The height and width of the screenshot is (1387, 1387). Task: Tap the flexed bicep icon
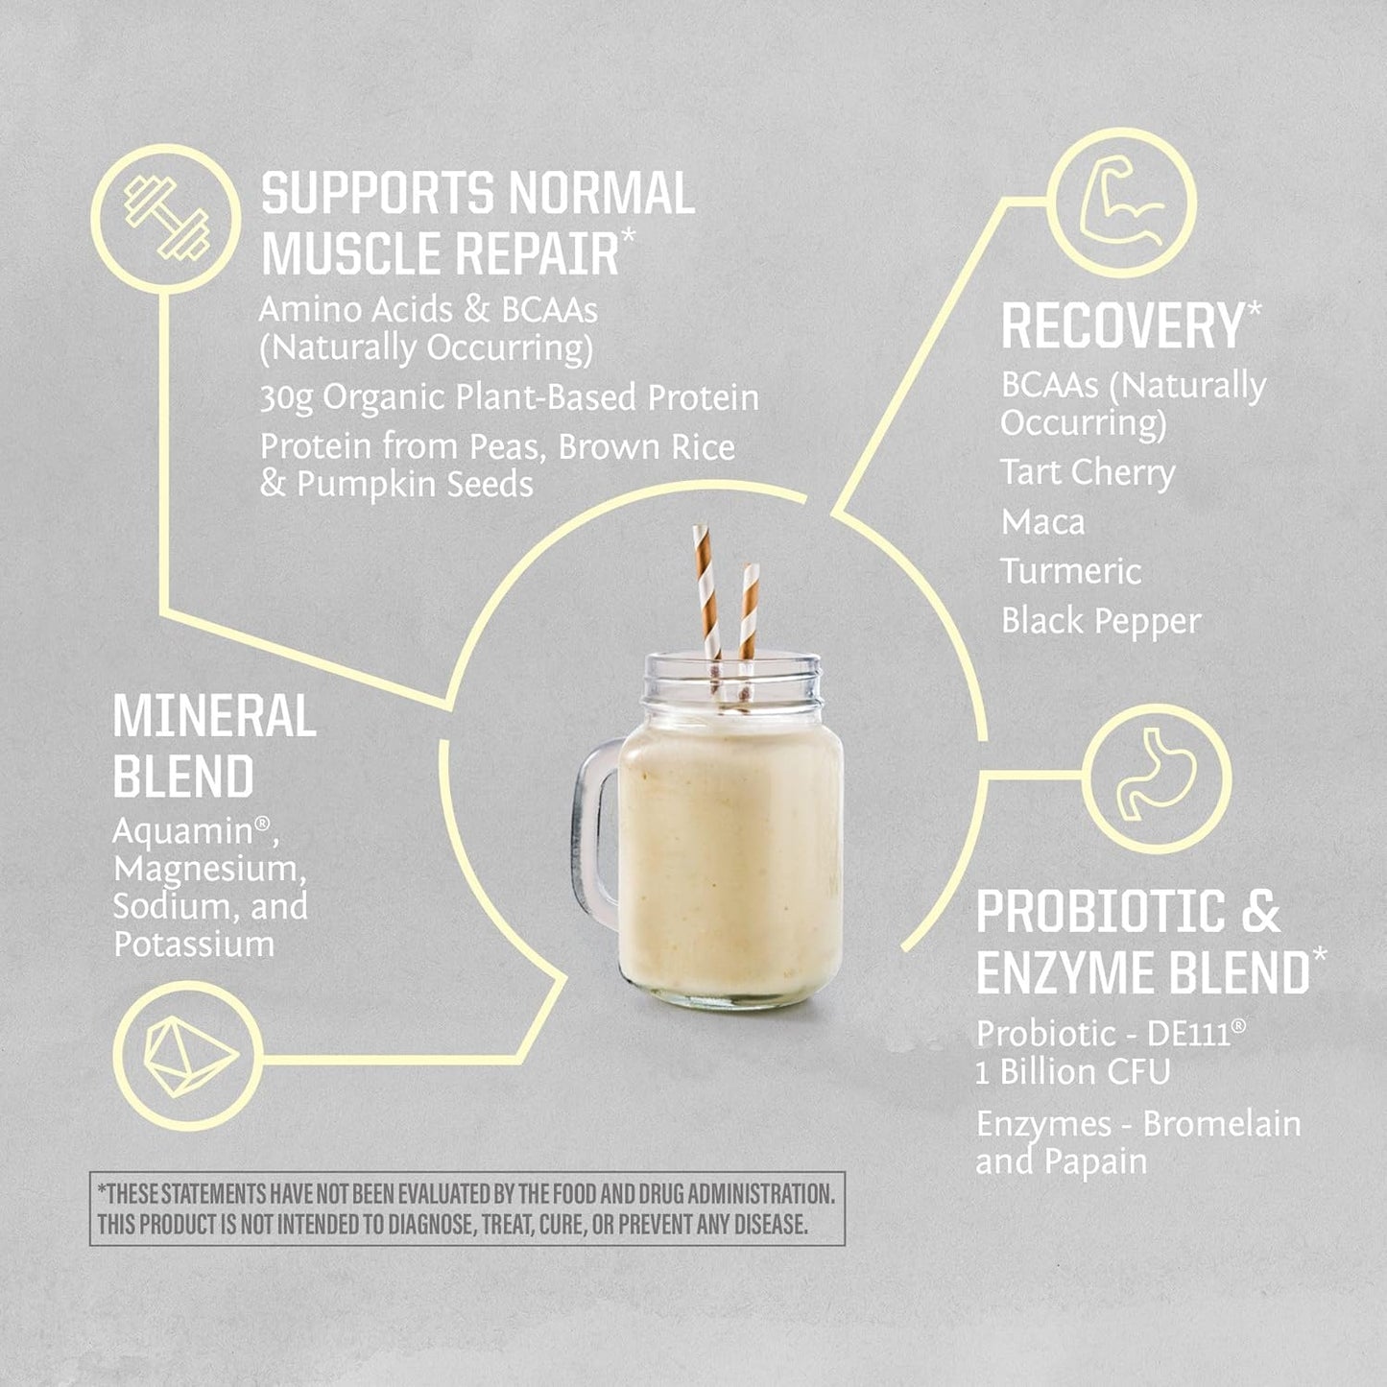point(1122,203)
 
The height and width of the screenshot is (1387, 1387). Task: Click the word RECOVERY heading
point(1123,326)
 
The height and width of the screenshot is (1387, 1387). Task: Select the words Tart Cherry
point(1088,472)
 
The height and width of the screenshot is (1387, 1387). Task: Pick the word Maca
point(1042,522)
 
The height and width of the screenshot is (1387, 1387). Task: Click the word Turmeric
point(1071,571)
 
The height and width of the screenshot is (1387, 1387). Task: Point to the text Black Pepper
point(1101,621)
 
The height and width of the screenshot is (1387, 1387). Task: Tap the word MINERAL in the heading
point(214,717)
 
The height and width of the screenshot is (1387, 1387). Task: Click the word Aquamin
point(188,831)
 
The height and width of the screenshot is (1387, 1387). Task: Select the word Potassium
point(194,944)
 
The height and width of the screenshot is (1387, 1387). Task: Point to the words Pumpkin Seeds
point(415,484)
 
